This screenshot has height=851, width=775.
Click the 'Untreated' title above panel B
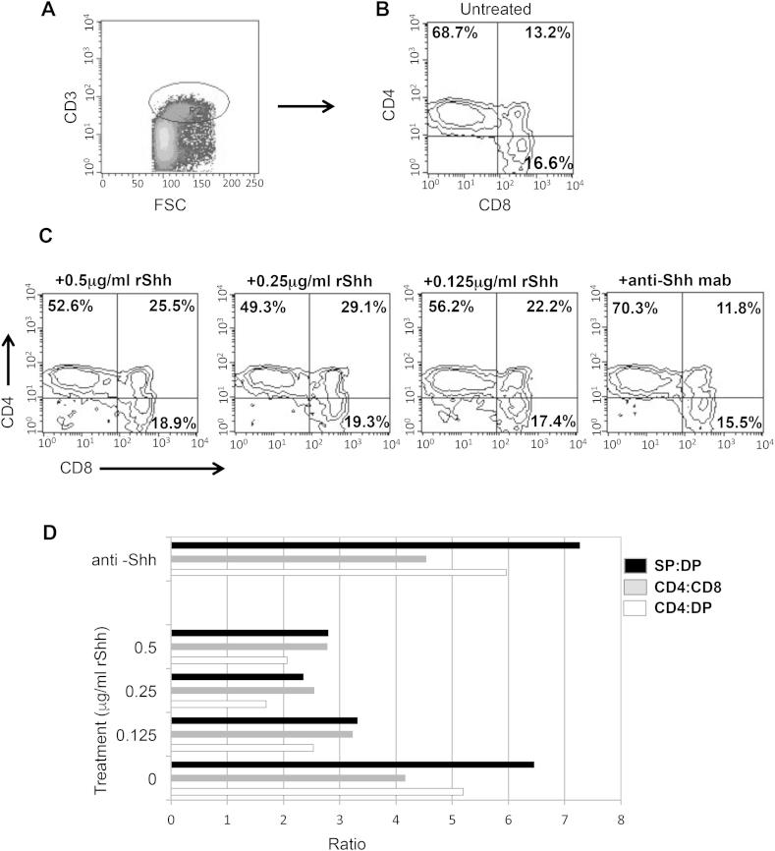(497, 10)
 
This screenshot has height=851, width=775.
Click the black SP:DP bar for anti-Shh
(375, 545)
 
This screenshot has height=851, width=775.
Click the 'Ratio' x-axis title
(396, 842)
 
